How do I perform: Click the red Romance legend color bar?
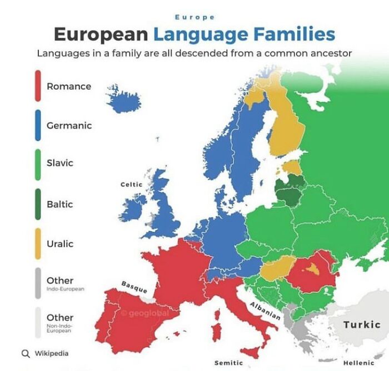(x=38, y=86)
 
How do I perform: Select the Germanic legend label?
(x=69, y=125)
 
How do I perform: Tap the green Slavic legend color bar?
(x=38, y=164)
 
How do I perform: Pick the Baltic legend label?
(x=59, y=204)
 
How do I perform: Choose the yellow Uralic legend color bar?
(x=38, y=243)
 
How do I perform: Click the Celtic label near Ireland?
(x=132, y=184)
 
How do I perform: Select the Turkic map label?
(x=361, y=324)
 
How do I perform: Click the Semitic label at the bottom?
(x=228, y=363)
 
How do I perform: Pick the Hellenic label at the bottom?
(x=358, y=363)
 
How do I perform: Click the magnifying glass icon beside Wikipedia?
(x=25, y=353)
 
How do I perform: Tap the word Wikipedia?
(x=52, y=353)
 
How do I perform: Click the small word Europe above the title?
(x=194, y=18)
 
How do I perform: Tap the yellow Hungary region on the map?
(x=277, y=268)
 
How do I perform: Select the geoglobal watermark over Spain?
(x=146, y=314)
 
